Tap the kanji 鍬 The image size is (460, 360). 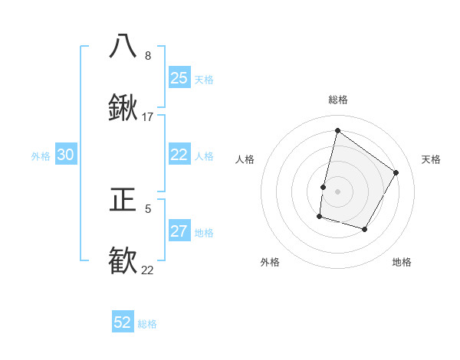[123, 110]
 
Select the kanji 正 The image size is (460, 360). [123, 200]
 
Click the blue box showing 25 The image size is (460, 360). [179, 77]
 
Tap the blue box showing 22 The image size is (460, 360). [179, 155]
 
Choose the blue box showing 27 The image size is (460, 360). [179, 231]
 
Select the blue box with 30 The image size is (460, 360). [66, 155]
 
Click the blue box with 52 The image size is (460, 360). [123, 322]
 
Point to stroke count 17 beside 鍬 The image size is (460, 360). [148, 117]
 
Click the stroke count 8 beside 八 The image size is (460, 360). [148, 55]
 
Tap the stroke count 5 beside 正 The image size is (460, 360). [148, 208]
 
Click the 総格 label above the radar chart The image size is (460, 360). [337, 100]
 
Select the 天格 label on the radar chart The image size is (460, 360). [431, 159]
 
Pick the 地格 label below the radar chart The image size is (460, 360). [402, 262]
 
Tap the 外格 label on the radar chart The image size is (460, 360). [270, 262]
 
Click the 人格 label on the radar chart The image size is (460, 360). [245, 159]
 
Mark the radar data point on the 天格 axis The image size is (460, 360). [396, 172]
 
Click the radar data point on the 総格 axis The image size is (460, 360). [337, 130]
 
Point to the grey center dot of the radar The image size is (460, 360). [337, 191]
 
